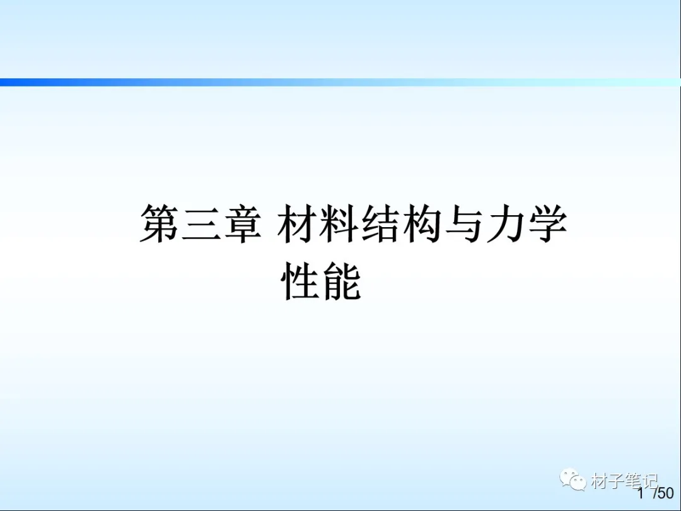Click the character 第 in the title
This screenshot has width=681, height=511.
pos(159,223)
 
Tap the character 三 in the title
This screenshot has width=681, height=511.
pos(201,224)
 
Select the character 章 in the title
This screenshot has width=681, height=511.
pos(243,223)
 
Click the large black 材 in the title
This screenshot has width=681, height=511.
pos(296,223)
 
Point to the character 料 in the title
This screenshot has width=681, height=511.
pos(339,223)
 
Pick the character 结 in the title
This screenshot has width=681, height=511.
pos(380,223)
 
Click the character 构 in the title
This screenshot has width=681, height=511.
pos(422,223)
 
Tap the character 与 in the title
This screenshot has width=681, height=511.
pos(464,223)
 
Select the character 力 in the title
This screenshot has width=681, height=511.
pos(506,223)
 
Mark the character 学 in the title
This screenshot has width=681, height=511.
pos(548,223)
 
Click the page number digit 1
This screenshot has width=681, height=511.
pos(641,493)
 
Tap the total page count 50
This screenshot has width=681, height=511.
pos(666,493)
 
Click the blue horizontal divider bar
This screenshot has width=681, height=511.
pos(340,82)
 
